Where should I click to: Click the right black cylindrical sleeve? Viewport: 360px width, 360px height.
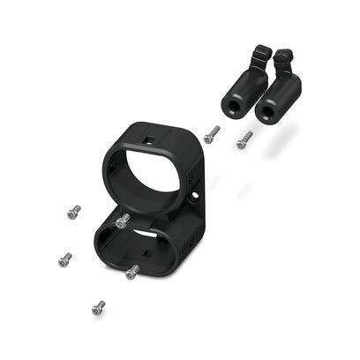point(280,95)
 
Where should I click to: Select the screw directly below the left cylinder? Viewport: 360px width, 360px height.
point(211,134)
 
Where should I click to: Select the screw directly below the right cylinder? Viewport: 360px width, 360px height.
point(244,139)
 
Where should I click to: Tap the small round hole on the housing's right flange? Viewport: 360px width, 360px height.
point(194,187)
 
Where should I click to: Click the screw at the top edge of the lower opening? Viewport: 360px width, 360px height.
point(123,220)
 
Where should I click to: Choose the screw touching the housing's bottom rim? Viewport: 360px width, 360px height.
point(132,272)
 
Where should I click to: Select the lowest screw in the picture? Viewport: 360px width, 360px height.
point(98,307)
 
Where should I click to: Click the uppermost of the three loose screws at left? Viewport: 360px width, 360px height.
point(73,212)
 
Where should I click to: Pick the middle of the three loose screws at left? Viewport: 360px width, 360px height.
point(64,259)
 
